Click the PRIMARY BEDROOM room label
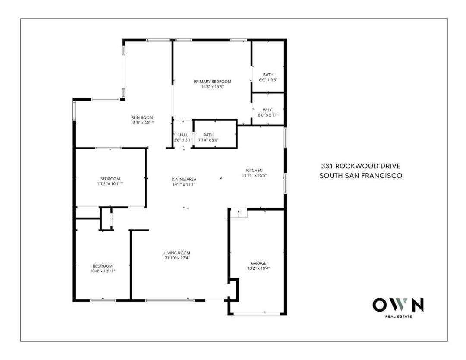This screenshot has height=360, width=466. point(212,82)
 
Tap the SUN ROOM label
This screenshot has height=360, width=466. point(142,117)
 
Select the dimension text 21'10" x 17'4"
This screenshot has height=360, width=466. point(177,258)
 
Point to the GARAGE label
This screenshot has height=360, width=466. point(259,263)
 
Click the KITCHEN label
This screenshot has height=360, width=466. point(254,170)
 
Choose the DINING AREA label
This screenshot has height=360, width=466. point(184,179)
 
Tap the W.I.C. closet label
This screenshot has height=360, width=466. point(268,110)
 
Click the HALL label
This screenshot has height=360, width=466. point(183,135)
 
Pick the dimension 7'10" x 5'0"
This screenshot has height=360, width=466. point(208,140)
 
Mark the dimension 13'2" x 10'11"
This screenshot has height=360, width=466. point(110,184)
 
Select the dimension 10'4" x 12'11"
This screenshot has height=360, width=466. point(103,271)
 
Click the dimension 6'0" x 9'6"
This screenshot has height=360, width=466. point(268,80)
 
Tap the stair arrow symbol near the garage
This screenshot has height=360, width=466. point(238,212)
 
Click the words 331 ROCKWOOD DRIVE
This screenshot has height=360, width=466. point(360,166)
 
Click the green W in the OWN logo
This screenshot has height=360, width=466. point(398,305)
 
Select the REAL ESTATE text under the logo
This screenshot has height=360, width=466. point(398,317)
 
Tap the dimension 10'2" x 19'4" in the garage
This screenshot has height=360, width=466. point(259,268)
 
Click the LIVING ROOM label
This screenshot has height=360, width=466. point(177,253)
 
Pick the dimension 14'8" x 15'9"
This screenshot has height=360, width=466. point(212,87)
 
